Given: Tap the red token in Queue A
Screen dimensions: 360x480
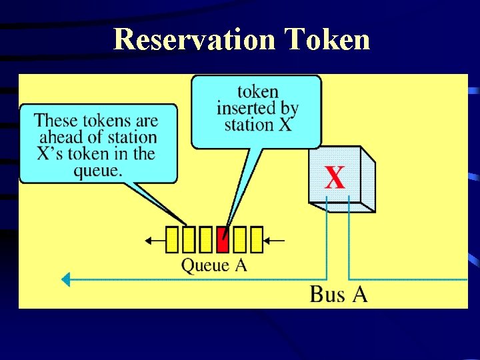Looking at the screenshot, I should [x=223, y=240].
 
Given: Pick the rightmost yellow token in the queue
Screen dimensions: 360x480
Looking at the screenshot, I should [x=256, y=240].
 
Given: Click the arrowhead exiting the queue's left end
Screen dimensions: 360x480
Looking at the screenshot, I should [x=151, y=240].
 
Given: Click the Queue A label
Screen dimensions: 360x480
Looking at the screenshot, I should [x=214, y=265].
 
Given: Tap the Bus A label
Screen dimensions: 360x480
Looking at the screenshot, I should [x=338, y=294].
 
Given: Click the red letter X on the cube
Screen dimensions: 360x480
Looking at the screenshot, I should [x=335, y=178].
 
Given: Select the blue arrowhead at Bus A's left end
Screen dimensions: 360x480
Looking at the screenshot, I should [x=65, y=279].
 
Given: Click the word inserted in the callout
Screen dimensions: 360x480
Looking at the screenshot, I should [x=257, y=108].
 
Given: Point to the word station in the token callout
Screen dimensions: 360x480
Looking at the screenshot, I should [x=248, y=125].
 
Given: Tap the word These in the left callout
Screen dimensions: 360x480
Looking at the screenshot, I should [x=57, y=121].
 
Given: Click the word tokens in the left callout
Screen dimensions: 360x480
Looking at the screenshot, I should [x=106, y=121].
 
